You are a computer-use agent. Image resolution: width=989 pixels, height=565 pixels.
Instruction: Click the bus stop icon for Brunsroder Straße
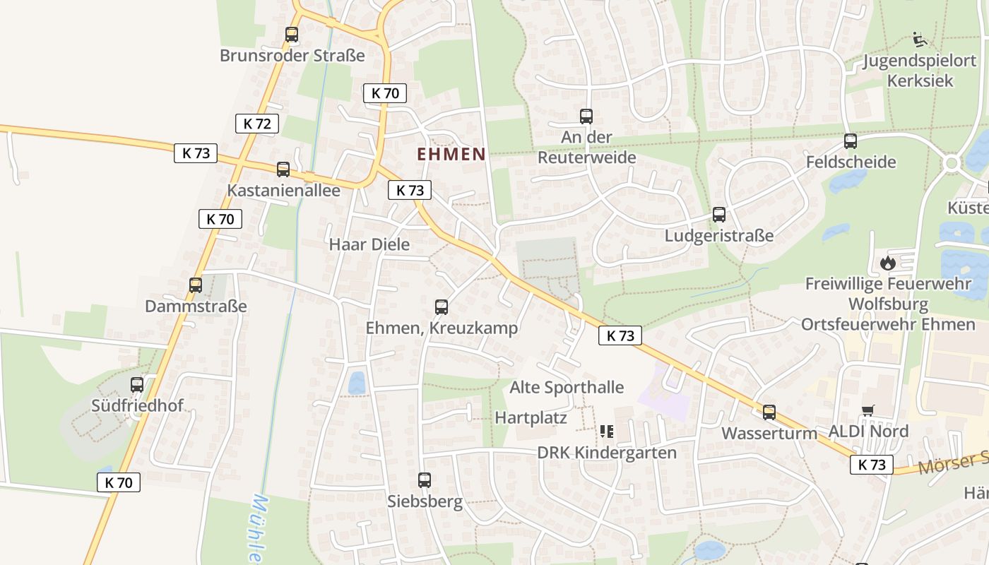click(291, 34)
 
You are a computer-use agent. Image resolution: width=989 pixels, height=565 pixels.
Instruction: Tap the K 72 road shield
click(257, 124)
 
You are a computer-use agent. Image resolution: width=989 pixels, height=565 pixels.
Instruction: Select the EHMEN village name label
click(451, 154)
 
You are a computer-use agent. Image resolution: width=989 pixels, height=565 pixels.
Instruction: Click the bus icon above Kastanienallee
click(283, 169)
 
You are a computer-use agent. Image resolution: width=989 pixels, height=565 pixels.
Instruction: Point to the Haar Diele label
click(369, 244)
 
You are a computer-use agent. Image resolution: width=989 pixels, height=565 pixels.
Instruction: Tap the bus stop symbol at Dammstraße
click(196, 285)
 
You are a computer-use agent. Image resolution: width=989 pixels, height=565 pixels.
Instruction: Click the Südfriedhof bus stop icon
click(137, 385)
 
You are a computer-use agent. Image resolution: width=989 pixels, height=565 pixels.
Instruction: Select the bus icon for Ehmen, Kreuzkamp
click(442, 307)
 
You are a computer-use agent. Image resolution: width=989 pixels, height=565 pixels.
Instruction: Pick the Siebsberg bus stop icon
click(425, 480)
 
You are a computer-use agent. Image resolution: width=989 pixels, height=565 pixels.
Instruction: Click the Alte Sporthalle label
click(567, 387)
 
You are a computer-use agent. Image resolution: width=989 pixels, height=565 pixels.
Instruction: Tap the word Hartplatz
click(531, 417)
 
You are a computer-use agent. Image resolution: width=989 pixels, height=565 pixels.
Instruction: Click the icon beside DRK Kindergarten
click(606, 431)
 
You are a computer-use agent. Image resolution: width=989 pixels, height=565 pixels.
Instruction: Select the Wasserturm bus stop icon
click(769, 412)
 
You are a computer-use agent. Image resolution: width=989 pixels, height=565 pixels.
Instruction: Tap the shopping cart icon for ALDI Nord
click(868, 411)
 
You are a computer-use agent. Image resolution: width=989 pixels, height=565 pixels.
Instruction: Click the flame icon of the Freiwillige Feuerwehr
click(888, 263)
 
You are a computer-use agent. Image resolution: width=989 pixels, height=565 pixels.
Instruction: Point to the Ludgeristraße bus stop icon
click(719, 215)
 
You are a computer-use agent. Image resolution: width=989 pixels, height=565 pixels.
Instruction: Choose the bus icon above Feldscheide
click(851, 141)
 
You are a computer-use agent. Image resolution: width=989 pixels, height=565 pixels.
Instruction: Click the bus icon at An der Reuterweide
click(586, 117)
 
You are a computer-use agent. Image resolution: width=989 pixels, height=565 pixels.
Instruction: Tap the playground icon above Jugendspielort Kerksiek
click(919, 40)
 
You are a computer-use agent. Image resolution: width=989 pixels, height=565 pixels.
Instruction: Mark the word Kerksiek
click(920, 81)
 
